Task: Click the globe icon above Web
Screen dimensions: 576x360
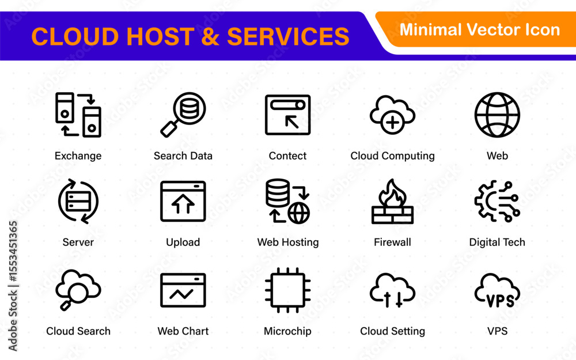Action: point(497,115)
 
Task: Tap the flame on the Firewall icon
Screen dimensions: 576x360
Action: point(392,193)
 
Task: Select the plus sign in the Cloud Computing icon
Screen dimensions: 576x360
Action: point(392,123)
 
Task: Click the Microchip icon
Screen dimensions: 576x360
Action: point(287,290)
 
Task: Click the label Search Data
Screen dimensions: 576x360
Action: point(183,156)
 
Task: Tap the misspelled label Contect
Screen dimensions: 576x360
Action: point(287,156)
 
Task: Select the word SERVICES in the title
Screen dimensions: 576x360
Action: point(288,36)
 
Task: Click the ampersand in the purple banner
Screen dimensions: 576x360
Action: point(210,36)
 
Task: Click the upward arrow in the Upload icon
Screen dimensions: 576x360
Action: point(183,204)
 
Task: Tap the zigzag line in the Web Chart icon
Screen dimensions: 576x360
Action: point(181,294)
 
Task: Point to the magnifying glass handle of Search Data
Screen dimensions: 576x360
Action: point(169,129)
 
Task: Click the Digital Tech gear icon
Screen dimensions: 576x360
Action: point(497,201)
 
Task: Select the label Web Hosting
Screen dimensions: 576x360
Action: point(288,242)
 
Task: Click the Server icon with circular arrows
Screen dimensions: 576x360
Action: point(78,201)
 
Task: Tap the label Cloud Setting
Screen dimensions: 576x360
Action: point(392,331)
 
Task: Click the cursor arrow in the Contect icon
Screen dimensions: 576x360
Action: point(292,122)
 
